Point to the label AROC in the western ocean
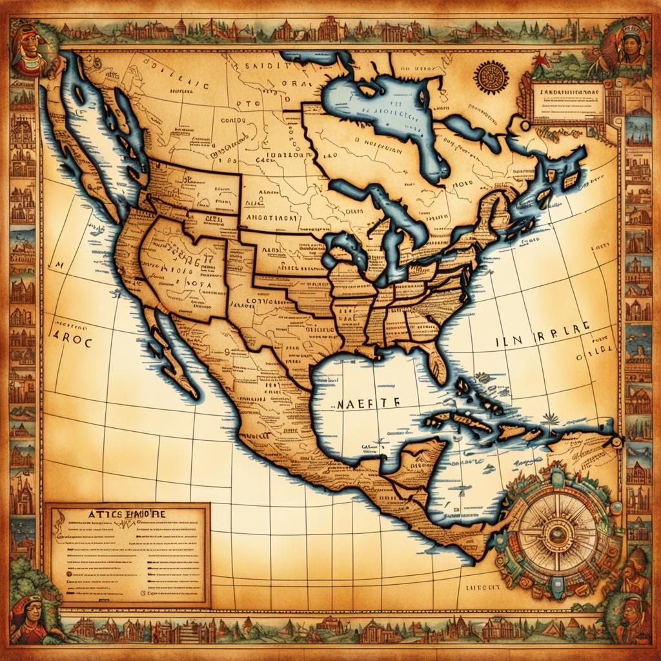72,338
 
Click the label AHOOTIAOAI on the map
272,219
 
